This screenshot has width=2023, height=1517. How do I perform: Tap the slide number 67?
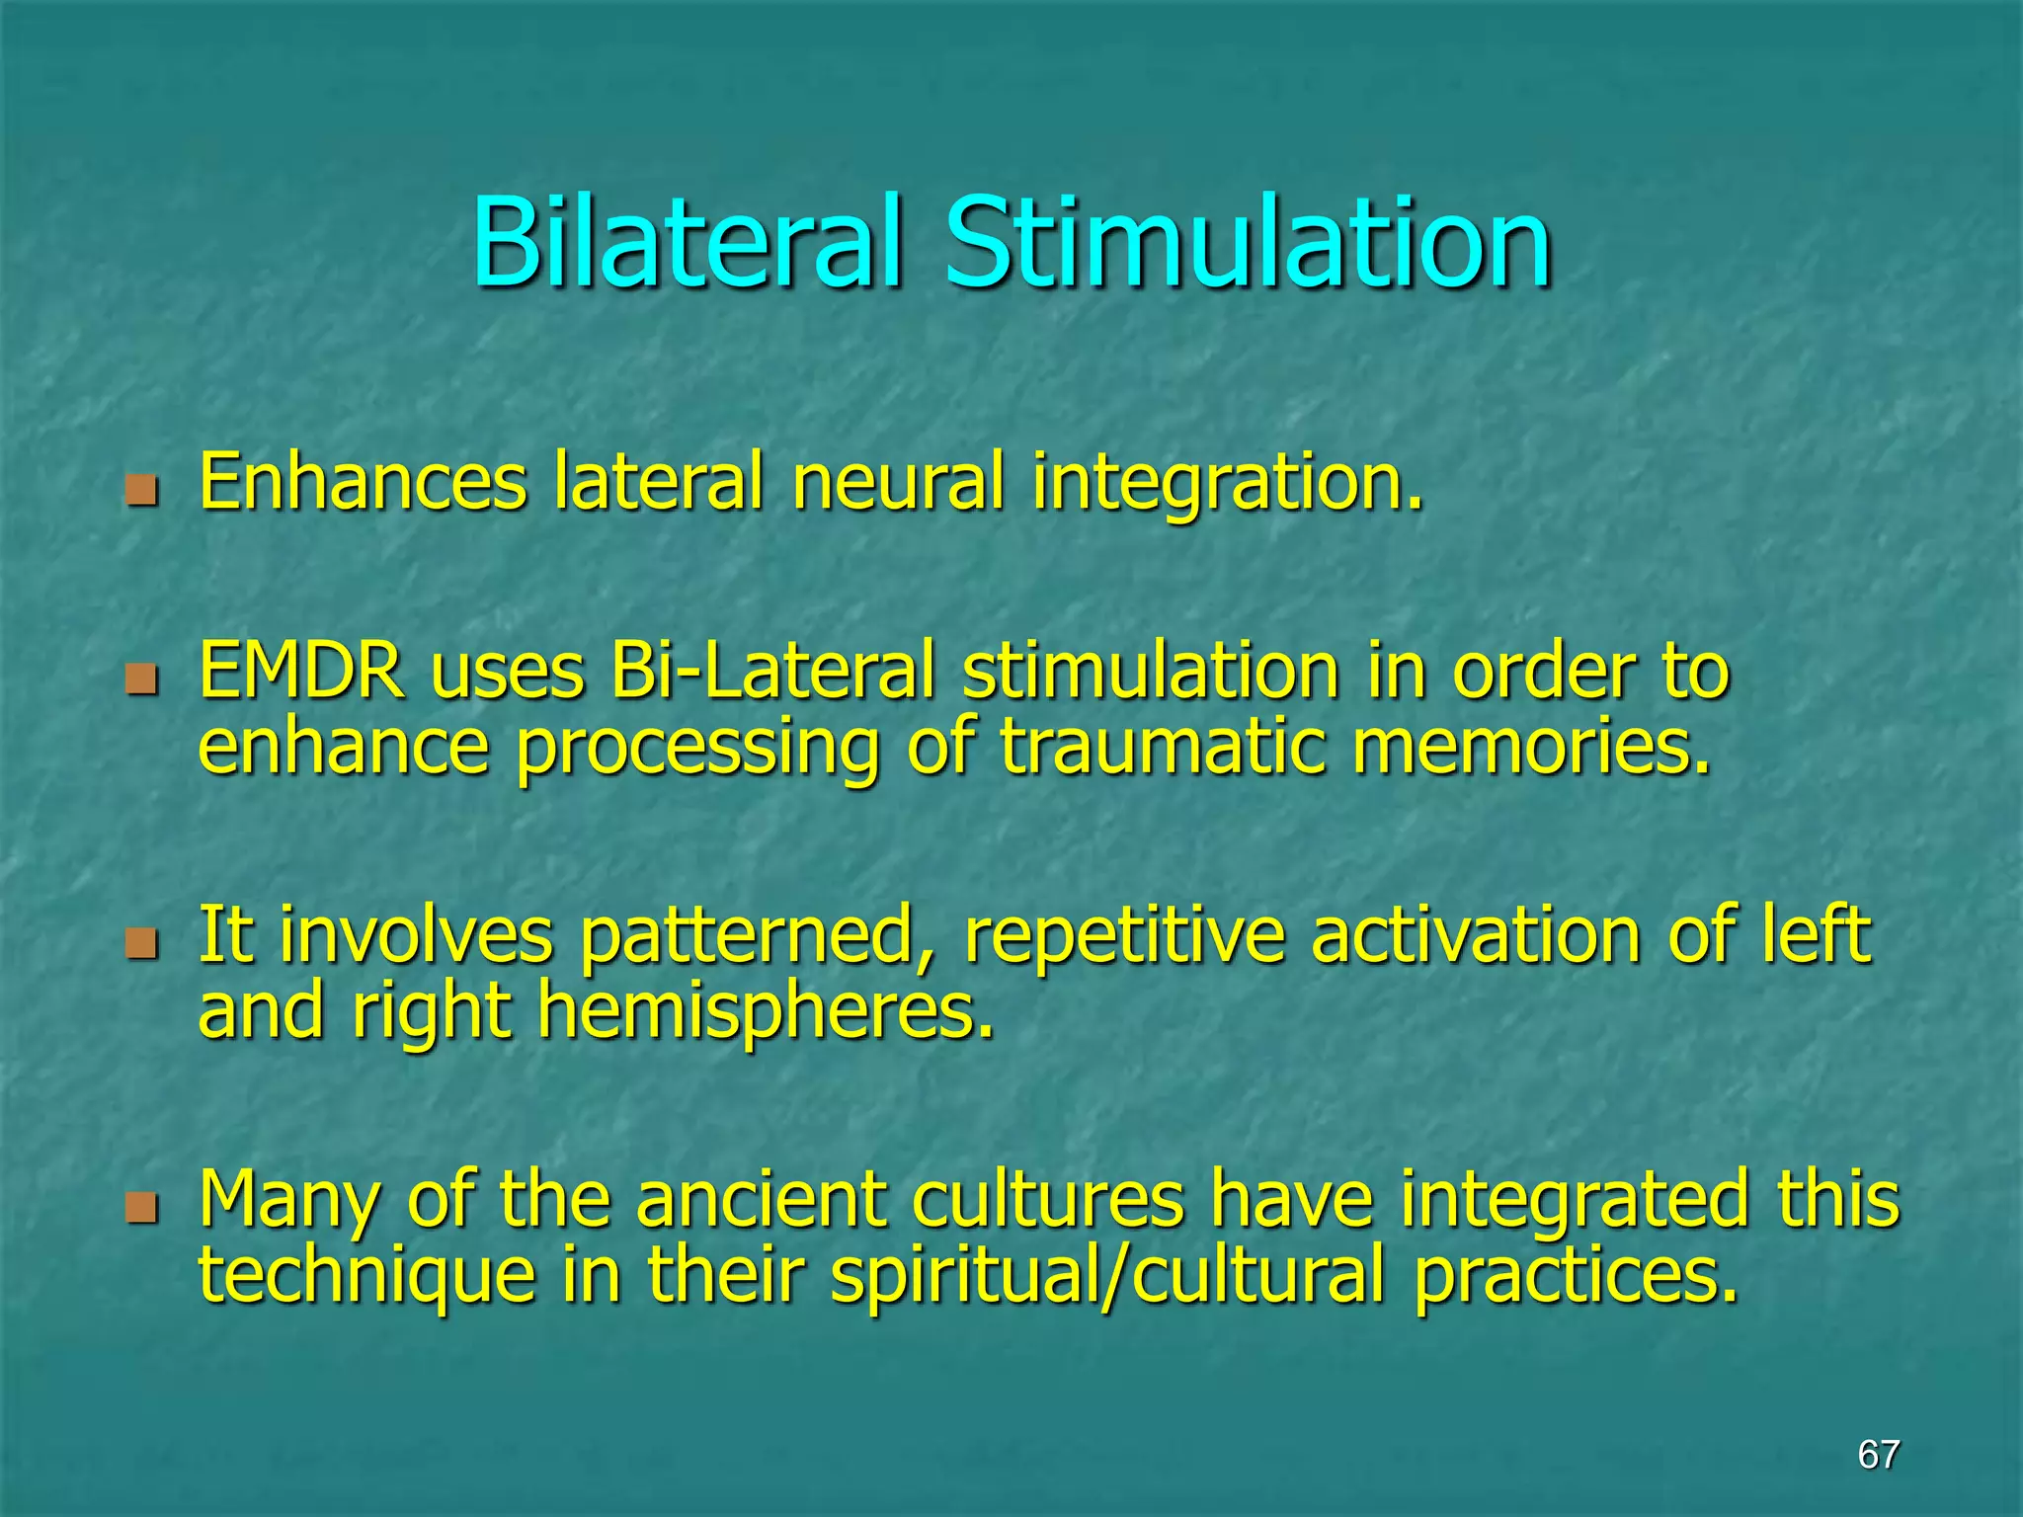(x=1878, y=1454)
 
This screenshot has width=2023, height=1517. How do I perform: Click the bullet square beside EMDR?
(x=142, y=679)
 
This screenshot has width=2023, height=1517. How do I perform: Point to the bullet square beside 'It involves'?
(x=142, y=942)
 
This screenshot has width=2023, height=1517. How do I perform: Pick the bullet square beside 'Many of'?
(x=142, y=1206)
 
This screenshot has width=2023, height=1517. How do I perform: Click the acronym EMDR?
(x=301, y=672)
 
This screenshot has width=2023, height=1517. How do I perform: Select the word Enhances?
(x=363, y=482)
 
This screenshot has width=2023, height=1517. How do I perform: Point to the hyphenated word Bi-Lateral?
(x=771, y=672)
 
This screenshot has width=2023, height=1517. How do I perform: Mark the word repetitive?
(x=1124, y=936)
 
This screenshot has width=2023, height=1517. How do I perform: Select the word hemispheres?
(x=765, y=1013)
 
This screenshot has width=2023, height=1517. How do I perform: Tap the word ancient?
(x=761, y=1199)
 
